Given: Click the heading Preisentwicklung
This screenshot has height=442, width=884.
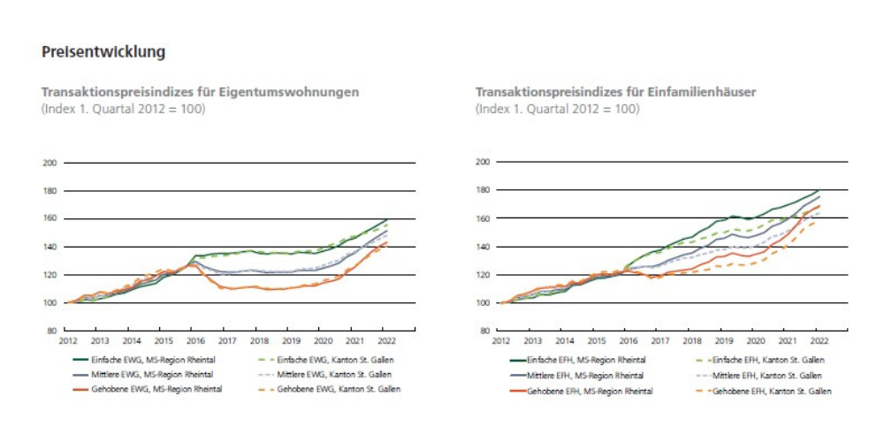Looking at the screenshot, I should [x=104, y=53].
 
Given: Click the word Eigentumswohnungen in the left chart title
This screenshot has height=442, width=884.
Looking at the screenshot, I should [x=297, y=91].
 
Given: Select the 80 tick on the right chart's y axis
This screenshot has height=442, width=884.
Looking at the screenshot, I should [x=484, y=331].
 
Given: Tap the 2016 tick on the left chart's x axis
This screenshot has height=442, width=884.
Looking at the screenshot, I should [x=195, y=339].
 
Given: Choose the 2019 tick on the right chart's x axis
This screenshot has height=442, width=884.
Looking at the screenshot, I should [x=725, y=339].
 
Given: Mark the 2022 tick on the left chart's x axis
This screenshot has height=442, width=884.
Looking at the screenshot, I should [x=385, y=339].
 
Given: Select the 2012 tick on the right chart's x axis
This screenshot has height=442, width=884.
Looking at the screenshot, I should [x=501, y=339].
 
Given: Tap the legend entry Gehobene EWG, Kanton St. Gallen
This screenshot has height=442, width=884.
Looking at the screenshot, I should [x=335, y=389].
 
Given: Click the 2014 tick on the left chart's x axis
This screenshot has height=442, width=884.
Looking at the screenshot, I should [x=132, y=339].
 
